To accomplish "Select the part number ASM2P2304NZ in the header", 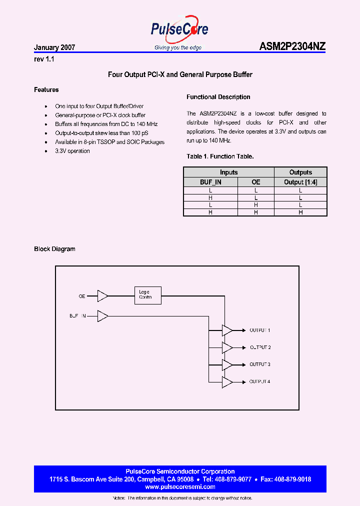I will coord(292,47).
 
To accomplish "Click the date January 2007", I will coord(54,48).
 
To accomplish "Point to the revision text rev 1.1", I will coord(43,59).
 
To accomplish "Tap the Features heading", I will coord(46,90).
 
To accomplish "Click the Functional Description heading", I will coord(218,97).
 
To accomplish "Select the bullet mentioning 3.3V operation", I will coord(72,151).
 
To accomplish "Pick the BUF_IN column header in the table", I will coord(210,182).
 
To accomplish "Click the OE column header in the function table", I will coord(255,182).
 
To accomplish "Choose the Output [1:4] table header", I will coord(300,182).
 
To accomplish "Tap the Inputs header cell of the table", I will coord(228,172).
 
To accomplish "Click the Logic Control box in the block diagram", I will coord(147,295).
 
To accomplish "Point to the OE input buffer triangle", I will coord(102,296).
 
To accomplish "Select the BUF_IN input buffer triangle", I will coord(102,316).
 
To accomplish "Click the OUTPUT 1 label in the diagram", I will coord(260,330).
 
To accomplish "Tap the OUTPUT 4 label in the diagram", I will coord(260,382).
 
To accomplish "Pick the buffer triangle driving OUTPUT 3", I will coord(227,364).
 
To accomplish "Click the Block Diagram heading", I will coord(54,249).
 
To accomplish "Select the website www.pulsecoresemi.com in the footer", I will coord(179,487).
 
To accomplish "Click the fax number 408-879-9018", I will coord(292,479).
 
